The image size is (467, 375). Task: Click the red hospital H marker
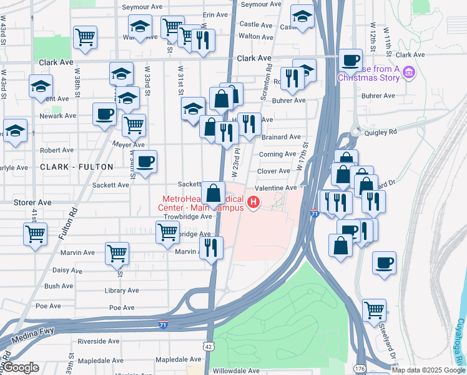(x=253, y=202)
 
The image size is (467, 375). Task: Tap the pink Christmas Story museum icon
(x=410, y=72)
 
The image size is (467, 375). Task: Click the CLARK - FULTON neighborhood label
(x=77, y=167)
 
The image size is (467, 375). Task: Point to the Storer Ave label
(x=32, y=202)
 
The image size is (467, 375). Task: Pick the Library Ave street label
(x=122, y=291)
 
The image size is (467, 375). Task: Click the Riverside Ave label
(x=98, y=341)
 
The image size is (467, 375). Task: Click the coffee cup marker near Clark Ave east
(x=351, y=61)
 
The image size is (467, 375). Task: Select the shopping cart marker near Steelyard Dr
(x=374, y=309)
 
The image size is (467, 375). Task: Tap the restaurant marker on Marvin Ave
(x=212, y=248)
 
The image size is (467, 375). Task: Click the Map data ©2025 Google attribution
(x=428, y=370)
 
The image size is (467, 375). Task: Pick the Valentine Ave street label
(x=275, y=188)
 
